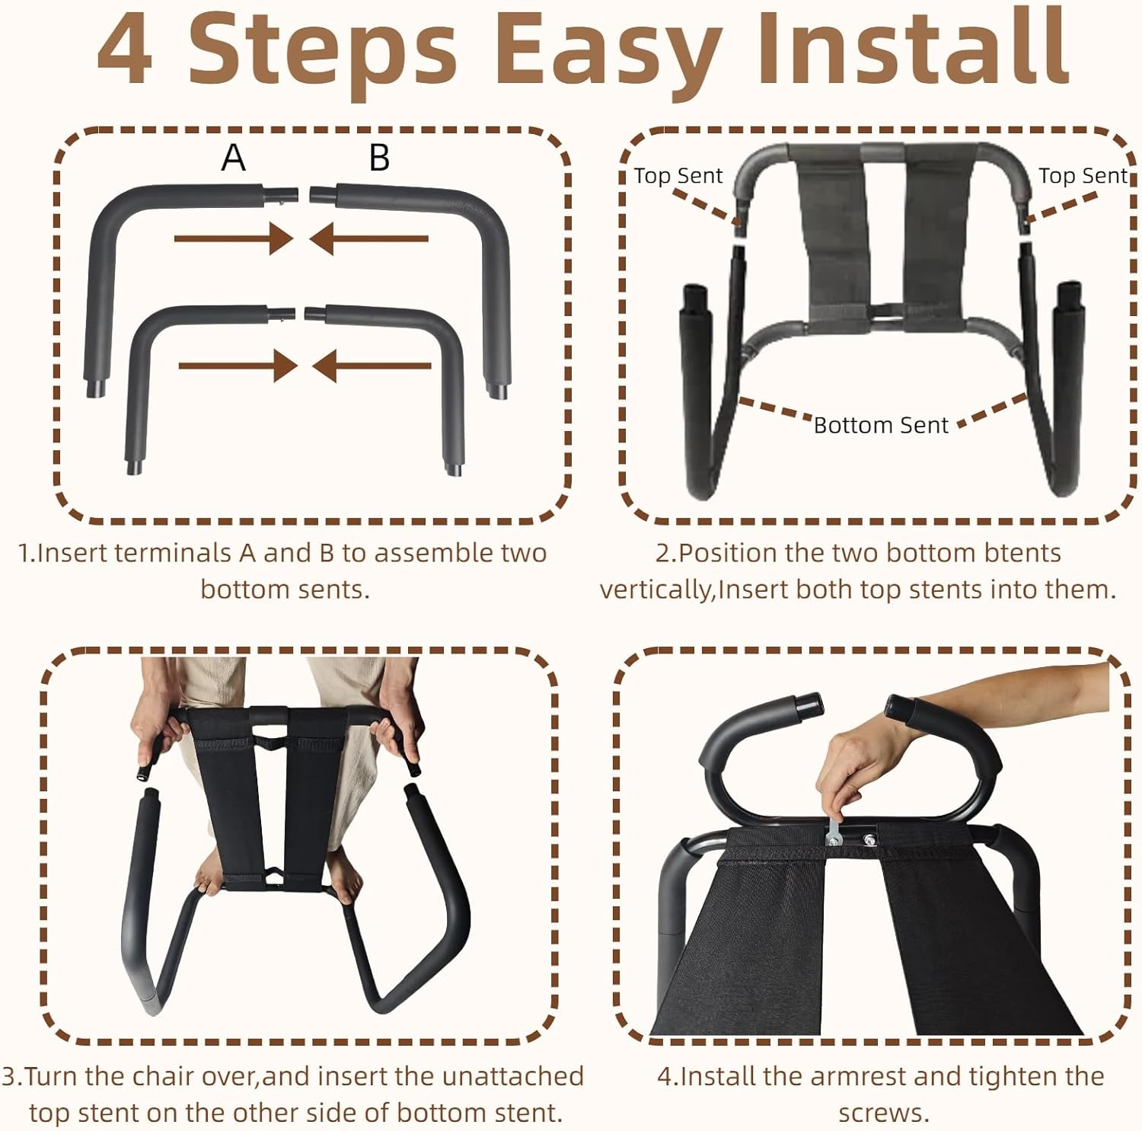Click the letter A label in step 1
click(234, 158)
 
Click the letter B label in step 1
click(379, 158)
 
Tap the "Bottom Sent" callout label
click(881, 425)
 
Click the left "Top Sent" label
click(678, 176)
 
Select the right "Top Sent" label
click(1083, 176)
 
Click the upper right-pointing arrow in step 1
click(234, 238)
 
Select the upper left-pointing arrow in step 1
click(368, 238)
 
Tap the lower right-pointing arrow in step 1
click(238, 366)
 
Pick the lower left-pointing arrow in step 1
click(372, 366)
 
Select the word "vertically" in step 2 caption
click(654, 590)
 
